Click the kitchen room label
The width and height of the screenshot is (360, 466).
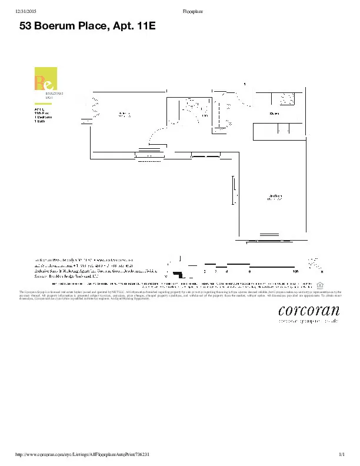point(274,112)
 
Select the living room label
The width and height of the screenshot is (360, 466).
point(275,197)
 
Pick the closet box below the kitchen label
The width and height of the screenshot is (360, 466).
point(279,131)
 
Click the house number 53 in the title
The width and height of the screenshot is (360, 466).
point(26,26)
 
